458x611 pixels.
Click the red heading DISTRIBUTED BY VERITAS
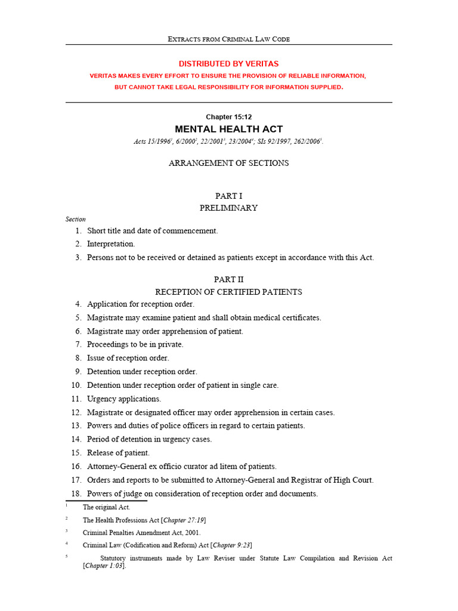click(228, 64)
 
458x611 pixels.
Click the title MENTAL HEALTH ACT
click(228, 129)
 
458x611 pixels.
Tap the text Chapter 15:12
click(228, 117)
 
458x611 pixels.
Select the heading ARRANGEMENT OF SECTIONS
click(228, 163)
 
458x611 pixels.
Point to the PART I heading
click(228, 196)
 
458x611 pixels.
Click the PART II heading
click(228, 279)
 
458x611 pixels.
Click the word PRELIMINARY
click(228, 208)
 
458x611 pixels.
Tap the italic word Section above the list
click(76, 219)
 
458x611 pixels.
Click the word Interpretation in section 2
click(111, 244)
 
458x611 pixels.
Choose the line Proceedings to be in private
click(135, 345)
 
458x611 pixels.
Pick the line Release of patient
click(119, 453)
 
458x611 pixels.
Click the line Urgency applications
click(124, 399)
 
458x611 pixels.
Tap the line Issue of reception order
click(128, 358)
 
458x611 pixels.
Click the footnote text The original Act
click(106, 507)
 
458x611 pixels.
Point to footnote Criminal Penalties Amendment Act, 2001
click(142, 533)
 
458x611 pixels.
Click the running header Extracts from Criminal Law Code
click(228, 39)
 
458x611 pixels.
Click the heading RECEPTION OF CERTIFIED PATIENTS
click(228, 292)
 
